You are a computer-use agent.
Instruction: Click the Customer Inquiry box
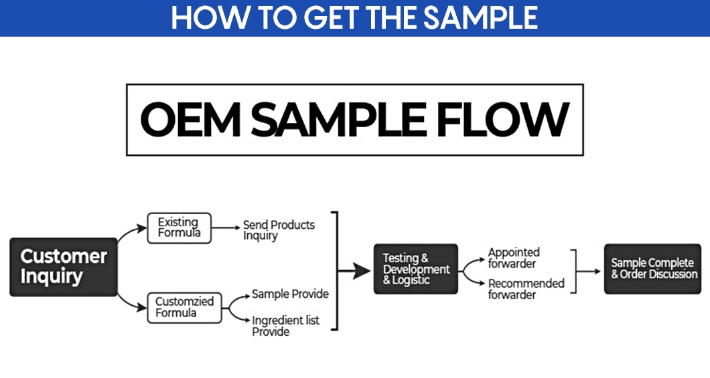[64, 266]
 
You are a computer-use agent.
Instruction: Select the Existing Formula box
[179, 228]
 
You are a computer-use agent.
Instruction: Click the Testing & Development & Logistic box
[416, 269]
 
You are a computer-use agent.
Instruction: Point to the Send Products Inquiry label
[278, 230]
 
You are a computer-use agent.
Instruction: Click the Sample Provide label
[290, 294]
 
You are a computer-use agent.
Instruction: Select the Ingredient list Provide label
[285, 326]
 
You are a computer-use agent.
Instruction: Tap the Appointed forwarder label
[514, 258]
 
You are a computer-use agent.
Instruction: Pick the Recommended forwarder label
[526, 289]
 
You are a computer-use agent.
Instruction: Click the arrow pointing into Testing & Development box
[356, 270]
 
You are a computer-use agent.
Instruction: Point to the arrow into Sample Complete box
[589, 271]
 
